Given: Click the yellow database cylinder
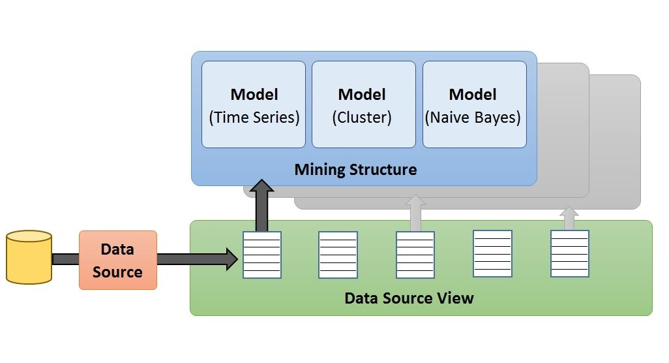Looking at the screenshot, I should tap(28, 257).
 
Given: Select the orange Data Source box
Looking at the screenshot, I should tap(118, 260).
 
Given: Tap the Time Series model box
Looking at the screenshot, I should tap(254, 104).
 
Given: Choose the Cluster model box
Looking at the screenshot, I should tap(363, 104).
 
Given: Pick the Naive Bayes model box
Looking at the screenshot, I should tap(474, 104).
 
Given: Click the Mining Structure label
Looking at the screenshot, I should tap(355, 170).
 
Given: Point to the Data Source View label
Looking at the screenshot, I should tap(409, 298).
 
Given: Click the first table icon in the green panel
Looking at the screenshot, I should tap(261, 255).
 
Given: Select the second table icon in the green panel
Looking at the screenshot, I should tap(338, 255).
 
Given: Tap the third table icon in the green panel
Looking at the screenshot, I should tap(415, 255).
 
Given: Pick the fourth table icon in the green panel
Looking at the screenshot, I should tap(492, 254).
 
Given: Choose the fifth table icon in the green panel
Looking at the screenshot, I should tap(569, 254).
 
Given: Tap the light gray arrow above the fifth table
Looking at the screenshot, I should tap(569, 218).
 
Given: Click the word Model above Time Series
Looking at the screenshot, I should tap(254, 94).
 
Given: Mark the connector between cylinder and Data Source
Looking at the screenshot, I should tap(65, 259).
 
